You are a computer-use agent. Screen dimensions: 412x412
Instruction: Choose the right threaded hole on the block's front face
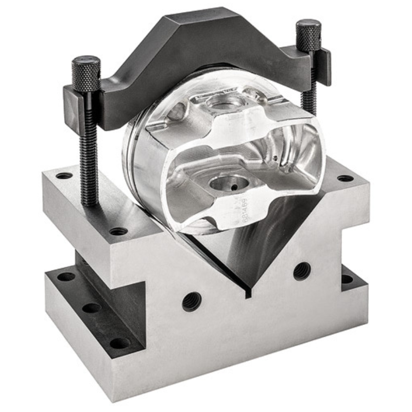pyautogui.click(x=302, y=270)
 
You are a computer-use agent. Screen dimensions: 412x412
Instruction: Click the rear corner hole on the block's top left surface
pyautogui.click(x=64, y=176)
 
